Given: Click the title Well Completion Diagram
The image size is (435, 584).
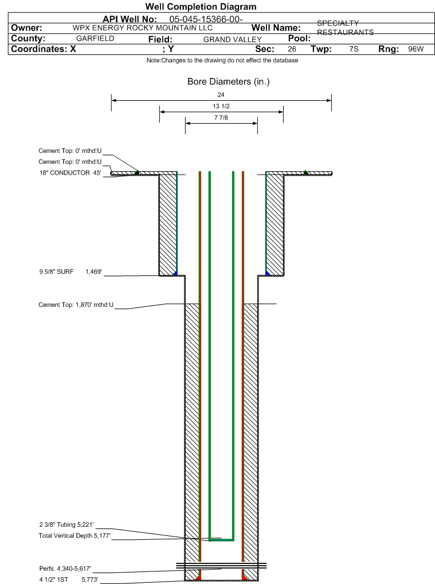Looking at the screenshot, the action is click(201, 7).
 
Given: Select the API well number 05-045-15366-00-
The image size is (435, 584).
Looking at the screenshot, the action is click(206, 19).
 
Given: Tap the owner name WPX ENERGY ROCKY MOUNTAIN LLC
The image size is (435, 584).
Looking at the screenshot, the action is click(142, 28).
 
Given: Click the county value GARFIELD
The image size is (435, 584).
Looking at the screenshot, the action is click(95, 38).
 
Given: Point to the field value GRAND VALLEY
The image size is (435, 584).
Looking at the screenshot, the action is click(233, 40).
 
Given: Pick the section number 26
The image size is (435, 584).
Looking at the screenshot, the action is click(292, 49).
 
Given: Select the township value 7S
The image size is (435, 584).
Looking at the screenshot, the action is click(354, 49).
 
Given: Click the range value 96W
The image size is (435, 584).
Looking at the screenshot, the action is click(416, 49).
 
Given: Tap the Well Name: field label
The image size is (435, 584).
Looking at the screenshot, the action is click(276, 28).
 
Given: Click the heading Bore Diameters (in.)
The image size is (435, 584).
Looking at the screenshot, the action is click(229, 81).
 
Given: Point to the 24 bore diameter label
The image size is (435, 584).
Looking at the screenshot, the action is click(221, 95).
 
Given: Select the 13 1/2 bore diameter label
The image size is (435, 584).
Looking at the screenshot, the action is click(221, 106).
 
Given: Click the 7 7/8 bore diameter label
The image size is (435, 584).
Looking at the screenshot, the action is click(221, 118).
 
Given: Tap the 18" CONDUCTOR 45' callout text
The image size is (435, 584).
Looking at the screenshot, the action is click(70, 173).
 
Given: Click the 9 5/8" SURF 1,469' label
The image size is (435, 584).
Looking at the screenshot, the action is click(70, 272).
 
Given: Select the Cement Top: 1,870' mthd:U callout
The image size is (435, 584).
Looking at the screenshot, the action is click(76, 305).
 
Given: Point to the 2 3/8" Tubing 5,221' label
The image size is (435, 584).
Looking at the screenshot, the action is click(66, 525).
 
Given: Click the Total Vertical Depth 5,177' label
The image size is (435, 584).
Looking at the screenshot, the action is click(75, 535).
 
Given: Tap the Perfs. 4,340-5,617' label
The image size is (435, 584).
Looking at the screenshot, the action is click(65, 569).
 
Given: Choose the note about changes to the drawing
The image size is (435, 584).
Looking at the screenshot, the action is click(222, 60).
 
